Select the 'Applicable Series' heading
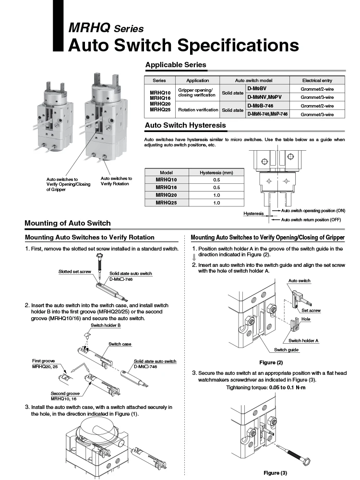[176, 64]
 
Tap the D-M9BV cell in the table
[257, 89]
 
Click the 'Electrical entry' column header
[317, 80]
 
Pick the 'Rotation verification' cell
[198, 110]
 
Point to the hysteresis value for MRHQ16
[216, 187]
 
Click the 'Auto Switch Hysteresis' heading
[185, 125]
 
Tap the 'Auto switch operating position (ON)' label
[313, 210]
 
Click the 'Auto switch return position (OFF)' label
[311, 219]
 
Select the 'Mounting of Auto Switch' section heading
[67, 223]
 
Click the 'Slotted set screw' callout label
[75, 272]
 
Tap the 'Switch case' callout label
[120, 344]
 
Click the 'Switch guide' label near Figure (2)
[287, 349]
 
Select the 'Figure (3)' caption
[275, 473]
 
